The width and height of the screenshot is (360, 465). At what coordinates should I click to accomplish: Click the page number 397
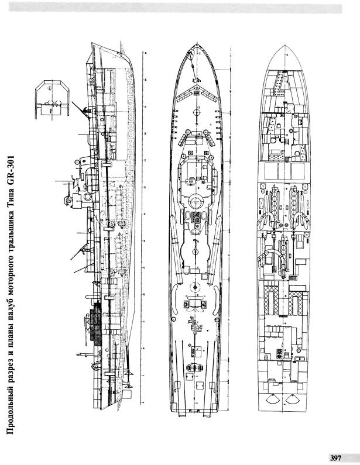point(335,458)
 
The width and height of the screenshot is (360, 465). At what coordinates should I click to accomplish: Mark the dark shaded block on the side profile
point(95,323)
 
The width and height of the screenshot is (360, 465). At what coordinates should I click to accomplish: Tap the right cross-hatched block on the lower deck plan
point(296,303)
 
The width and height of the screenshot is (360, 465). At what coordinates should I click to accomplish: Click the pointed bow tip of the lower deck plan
point(284,46)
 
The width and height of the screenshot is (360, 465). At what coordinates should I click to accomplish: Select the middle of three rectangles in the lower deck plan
point(284,171)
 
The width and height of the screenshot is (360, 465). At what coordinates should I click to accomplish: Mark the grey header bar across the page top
point(175,8)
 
